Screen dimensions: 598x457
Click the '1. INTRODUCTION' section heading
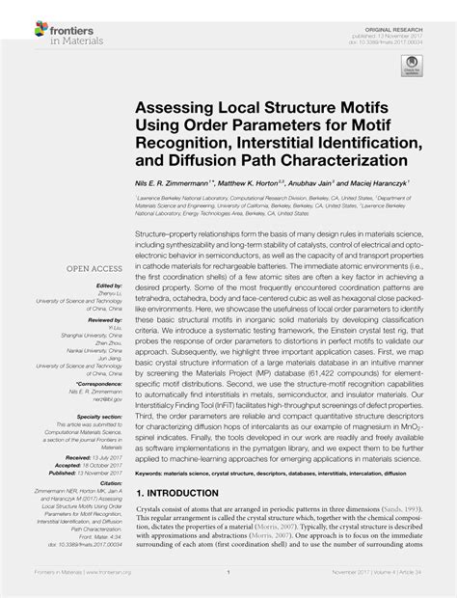click(184, 520)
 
